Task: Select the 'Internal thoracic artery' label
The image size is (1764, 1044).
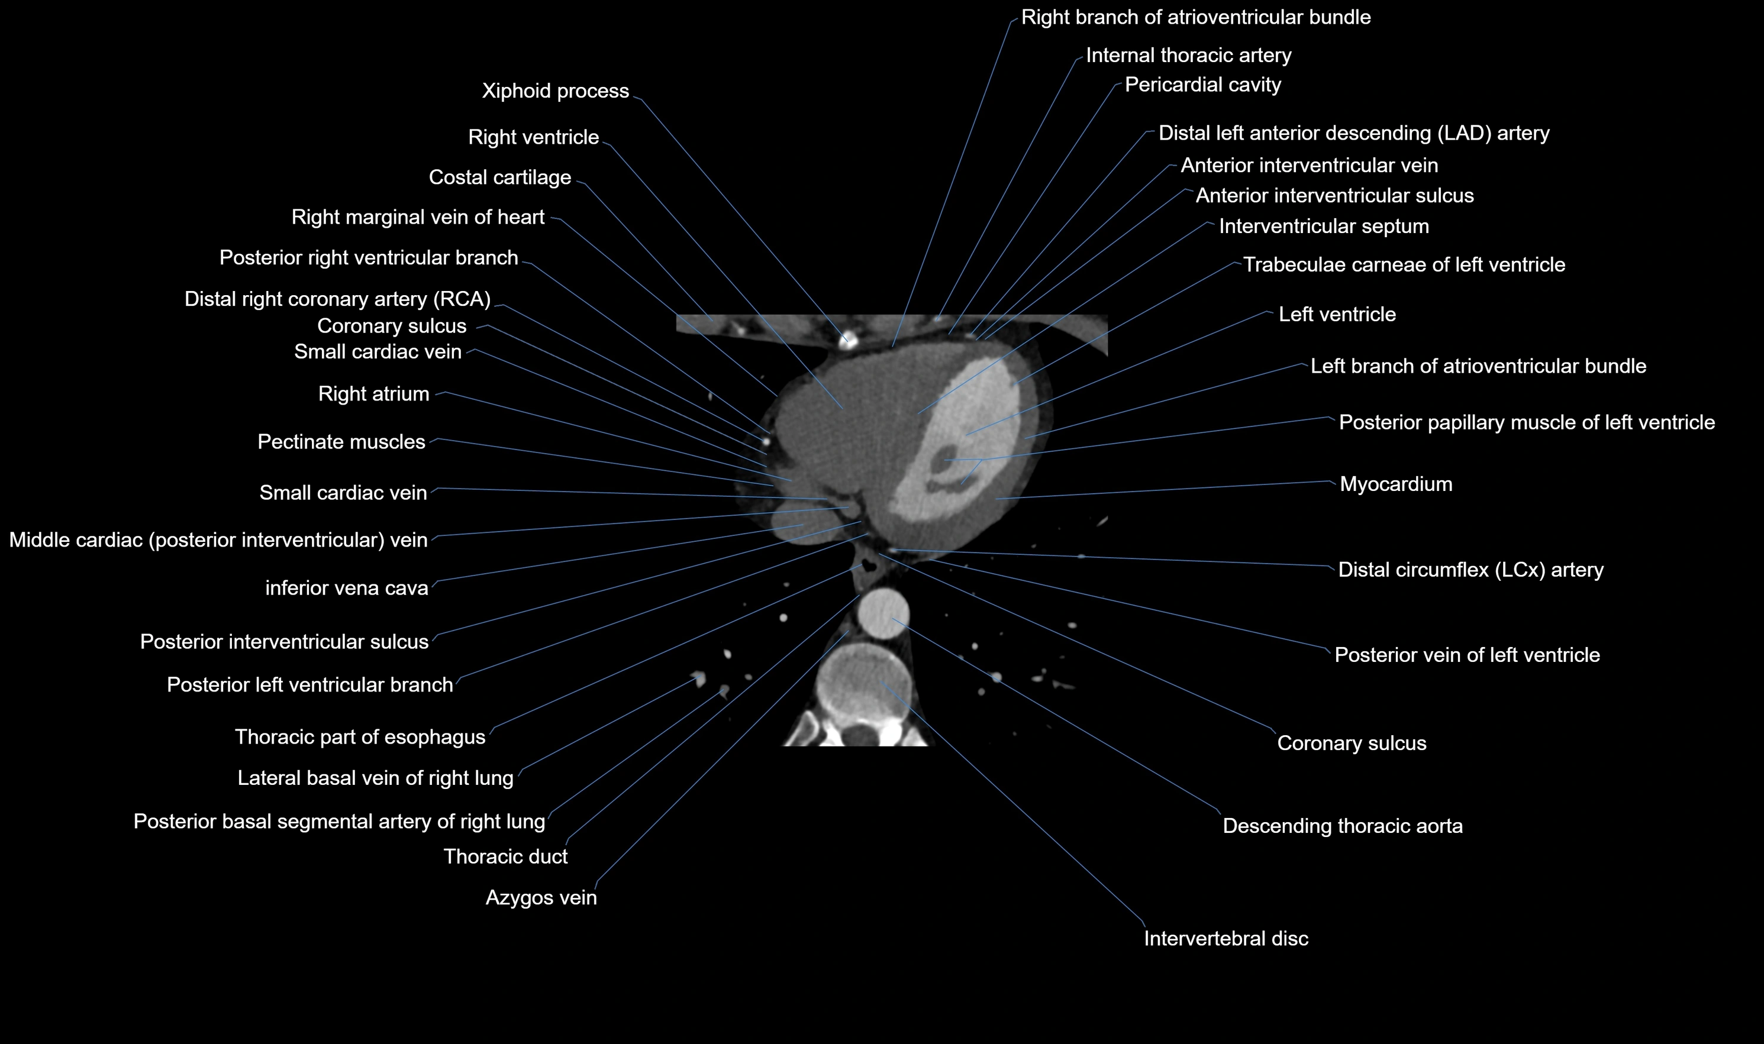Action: click(1188, 56)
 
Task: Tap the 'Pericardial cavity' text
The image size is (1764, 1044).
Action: click(1202, 85)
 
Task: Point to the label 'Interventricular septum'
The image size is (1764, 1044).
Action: click(1324, 227)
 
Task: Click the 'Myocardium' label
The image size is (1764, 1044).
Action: click(1395, 484)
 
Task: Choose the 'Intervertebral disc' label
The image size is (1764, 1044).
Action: click(1226, 939)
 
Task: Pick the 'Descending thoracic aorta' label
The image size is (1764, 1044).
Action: click(1343, 826)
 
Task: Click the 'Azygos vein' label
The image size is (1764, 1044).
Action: click(541, 898)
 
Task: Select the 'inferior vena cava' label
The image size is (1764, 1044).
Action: click(346, 588)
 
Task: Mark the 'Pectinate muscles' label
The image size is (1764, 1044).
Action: click(341, 442)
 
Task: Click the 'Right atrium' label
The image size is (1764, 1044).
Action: click(373, 394)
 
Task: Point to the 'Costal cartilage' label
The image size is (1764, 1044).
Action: click(499, 177)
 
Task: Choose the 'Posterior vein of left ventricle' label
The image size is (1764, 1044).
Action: click(1467, 655)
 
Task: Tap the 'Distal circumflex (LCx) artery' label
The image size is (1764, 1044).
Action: click(1470, 570)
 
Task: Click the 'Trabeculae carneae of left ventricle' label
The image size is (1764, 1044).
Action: click(1404, 264)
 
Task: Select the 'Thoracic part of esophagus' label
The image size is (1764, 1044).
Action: click(360, 737)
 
